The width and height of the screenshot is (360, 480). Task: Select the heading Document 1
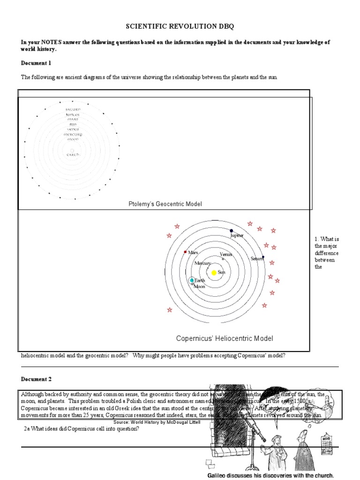pos(36,63)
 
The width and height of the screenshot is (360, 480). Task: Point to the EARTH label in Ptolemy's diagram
pos(73,154)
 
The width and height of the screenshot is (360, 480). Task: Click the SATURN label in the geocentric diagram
pos(73,109)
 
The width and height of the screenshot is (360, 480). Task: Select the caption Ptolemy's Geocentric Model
pos(165,204)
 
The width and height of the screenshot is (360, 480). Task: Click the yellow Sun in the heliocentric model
pos(214,272)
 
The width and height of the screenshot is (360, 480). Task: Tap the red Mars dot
pos(186,252)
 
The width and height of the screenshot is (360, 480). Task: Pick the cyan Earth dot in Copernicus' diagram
pos(192,280)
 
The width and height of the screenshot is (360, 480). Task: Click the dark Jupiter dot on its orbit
pos(231,231)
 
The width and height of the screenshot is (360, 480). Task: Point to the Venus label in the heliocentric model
pos(226,254)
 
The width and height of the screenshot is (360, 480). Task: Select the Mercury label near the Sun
pos(202,263)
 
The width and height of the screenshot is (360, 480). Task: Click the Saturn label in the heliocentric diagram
pos(256,259)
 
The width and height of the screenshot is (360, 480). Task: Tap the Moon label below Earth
pos(200,286)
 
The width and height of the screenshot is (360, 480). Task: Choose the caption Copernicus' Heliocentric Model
pos(224,338)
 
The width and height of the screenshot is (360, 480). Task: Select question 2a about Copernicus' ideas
pos(81,429)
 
